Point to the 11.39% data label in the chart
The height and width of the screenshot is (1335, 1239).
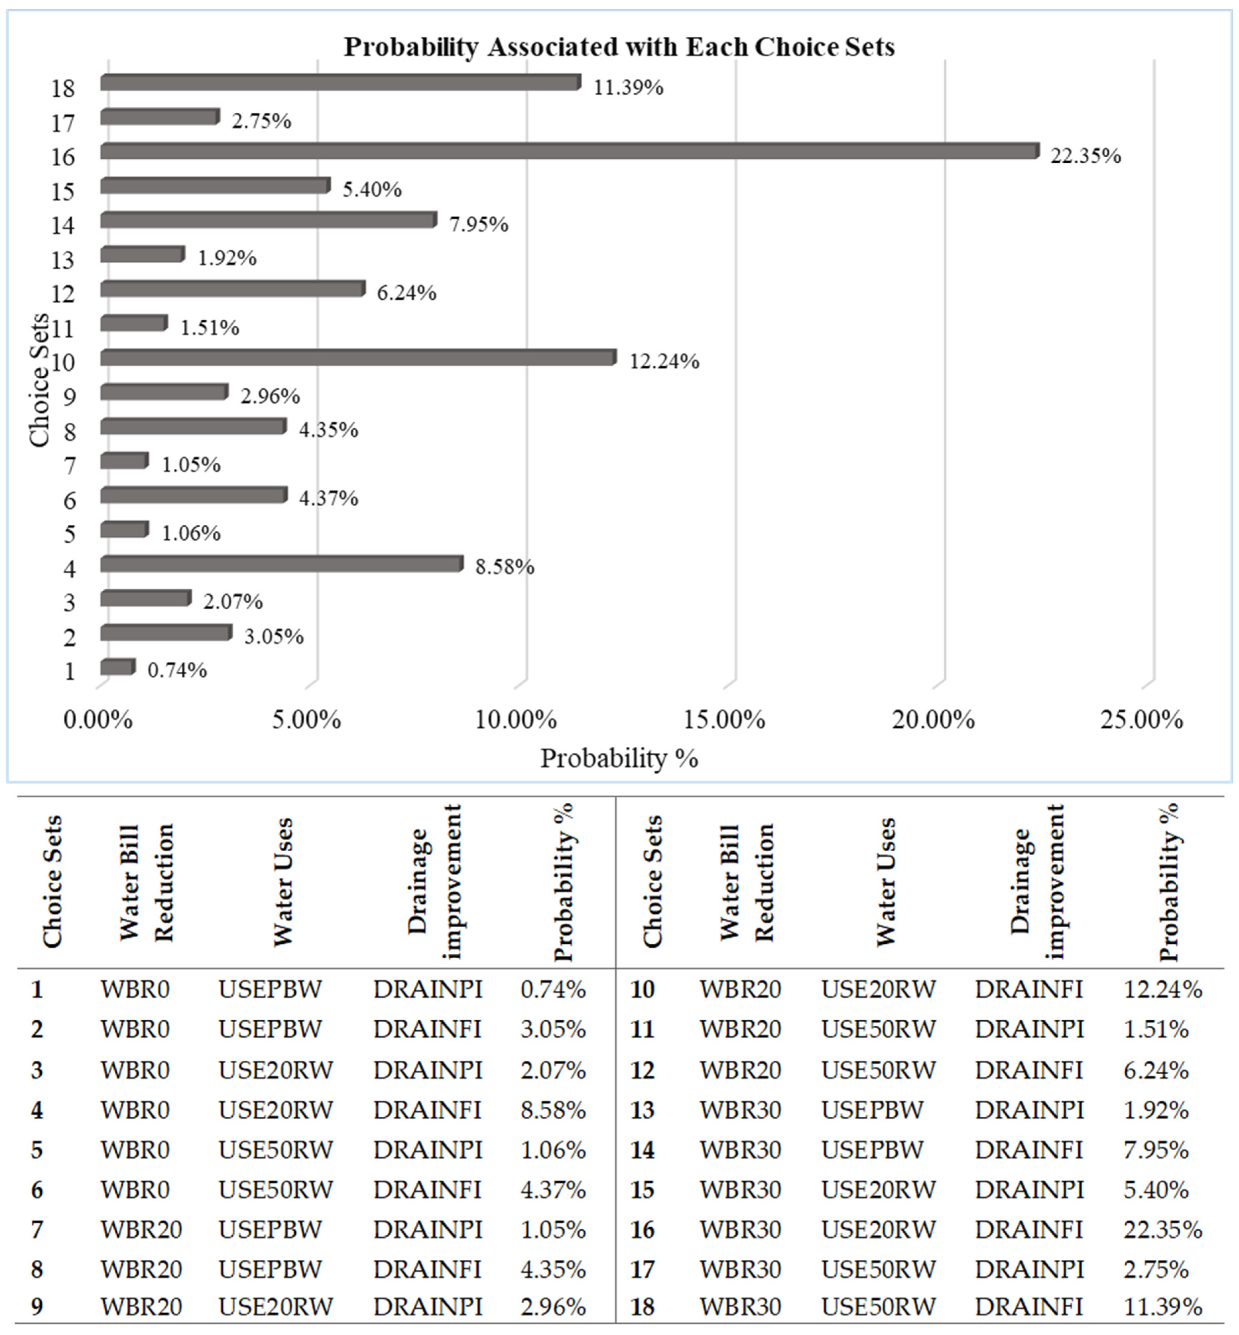pos(628,87)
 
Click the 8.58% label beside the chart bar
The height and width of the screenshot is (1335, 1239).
pos(505,567)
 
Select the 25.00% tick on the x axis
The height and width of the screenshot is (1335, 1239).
pos(1142,720)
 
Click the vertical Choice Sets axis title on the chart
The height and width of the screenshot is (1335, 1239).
pos(40,379)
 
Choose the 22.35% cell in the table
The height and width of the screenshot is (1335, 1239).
pos(1162,1229)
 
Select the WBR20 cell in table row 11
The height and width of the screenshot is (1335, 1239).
pos(740,1029)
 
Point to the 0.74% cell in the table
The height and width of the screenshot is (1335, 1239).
pos(553,989)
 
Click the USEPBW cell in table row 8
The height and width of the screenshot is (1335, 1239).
pos(269,1269)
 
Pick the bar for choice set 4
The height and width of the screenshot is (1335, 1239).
pos(282,563)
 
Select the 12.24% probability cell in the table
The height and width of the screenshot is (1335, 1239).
pos(1162,989)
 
